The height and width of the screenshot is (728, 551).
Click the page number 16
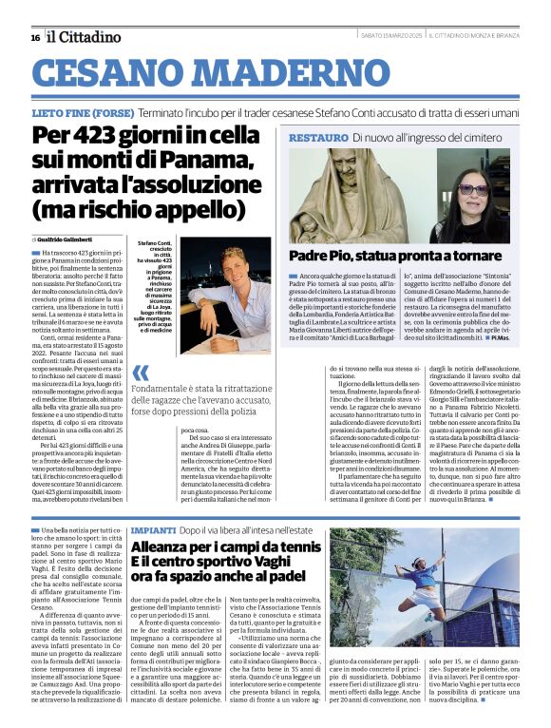[34, 37]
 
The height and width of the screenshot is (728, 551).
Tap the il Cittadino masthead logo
[85, 36]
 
